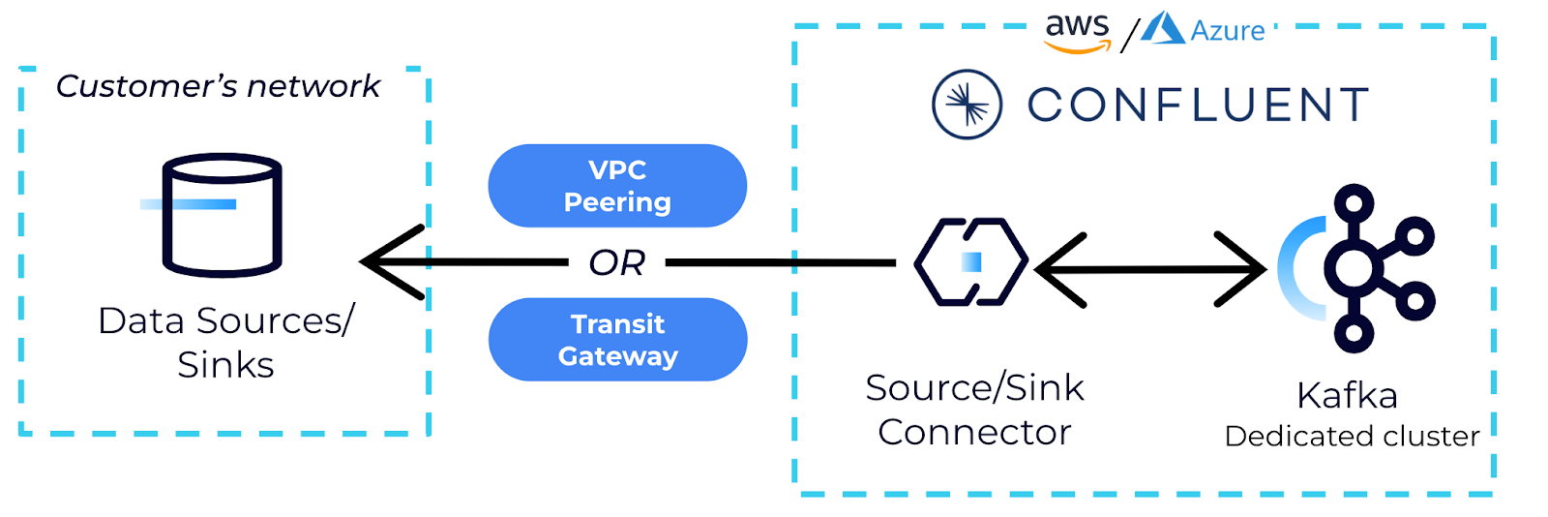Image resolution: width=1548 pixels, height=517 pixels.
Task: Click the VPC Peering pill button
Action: pyautogui.click(x=617, y=186)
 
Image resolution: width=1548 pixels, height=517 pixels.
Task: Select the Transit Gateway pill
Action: pyautogui.click(x=617, y=340)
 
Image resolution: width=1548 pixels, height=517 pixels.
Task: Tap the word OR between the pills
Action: pyautogui.click(x=617, y=262)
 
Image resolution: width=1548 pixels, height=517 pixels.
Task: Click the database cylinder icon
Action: pyautogui.click(x=222, y=215)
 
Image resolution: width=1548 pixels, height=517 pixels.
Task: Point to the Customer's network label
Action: pyautogui.click(x=218, y=86)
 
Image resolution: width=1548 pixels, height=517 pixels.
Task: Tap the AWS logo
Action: pyautogui.click(x=1077, y=32)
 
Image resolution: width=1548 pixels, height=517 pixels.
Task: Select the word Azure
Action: pyautogui.click(x=1228, y=32)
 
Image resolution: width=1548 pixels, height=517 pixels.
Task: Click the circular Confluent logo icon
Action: pyautogui.click(x=967, y=105)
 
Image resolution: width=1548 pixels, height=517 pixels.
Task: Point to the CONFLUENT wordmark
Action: pyautogui.click(x=1198, y=105)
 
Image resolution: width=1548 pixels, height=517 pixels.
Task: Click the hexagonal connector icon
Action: pyautogui.click(x=971, y=262)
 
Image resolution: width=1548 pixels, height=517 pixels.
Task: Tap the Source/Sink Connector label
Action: pyautogui.click(x=974, y=410)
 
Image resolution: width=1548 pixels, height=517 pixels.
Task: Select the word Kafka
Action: pyautogui.click(x=1347, y=396)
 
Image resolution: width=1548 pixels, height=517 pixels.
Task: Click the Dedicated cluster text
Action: pyautogui.click(x=1352, y=437)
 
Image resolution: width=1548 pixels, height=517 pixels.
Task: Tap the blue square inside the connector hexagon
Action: pyautogui.click(x=972, y=262)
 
